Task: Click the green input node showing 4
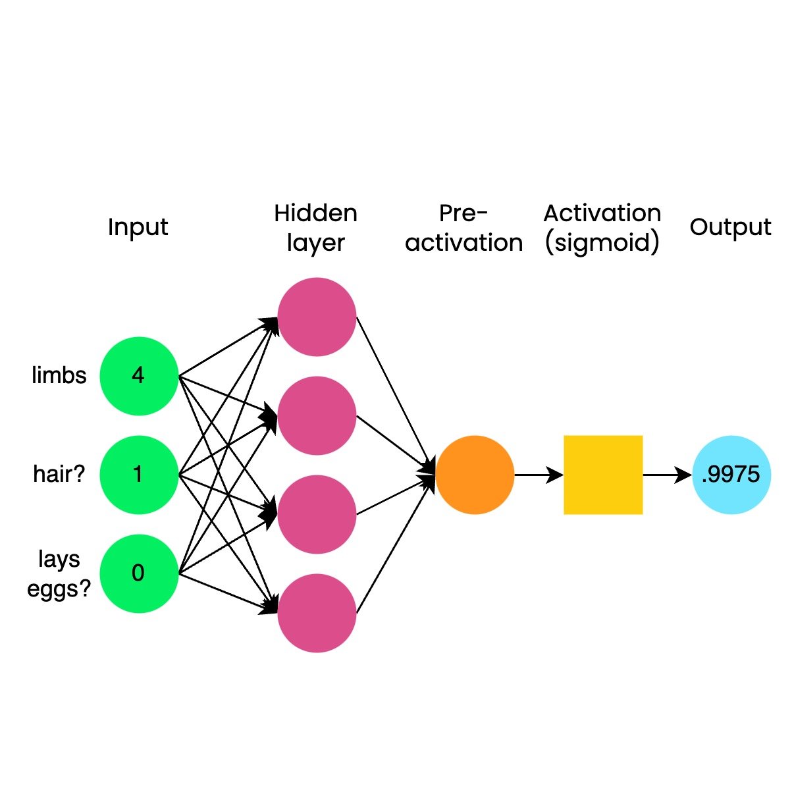139,376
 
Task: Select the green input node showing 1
139,475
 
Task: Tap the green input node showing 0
139,573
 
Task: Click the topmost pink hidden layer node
317,317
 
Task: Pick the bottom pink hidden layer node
317,613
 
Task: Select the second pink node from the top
317,415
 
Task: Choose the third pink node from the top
317,514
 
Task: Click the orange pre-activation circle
475,475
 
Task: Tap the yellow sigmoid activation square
603,475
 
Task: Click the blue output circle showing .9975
731,475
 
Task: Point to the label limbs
59,375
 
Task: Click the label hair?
59,474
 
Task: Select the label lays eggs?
59,573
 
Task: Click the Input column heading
138,227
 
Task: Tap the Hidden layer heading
316,228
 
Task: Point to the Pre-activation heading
464,228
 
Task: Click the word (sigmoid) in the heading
602,243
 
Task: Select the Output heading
731,227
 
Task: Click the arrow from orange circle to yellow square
539,475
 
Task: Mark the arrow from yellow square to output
667,475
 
